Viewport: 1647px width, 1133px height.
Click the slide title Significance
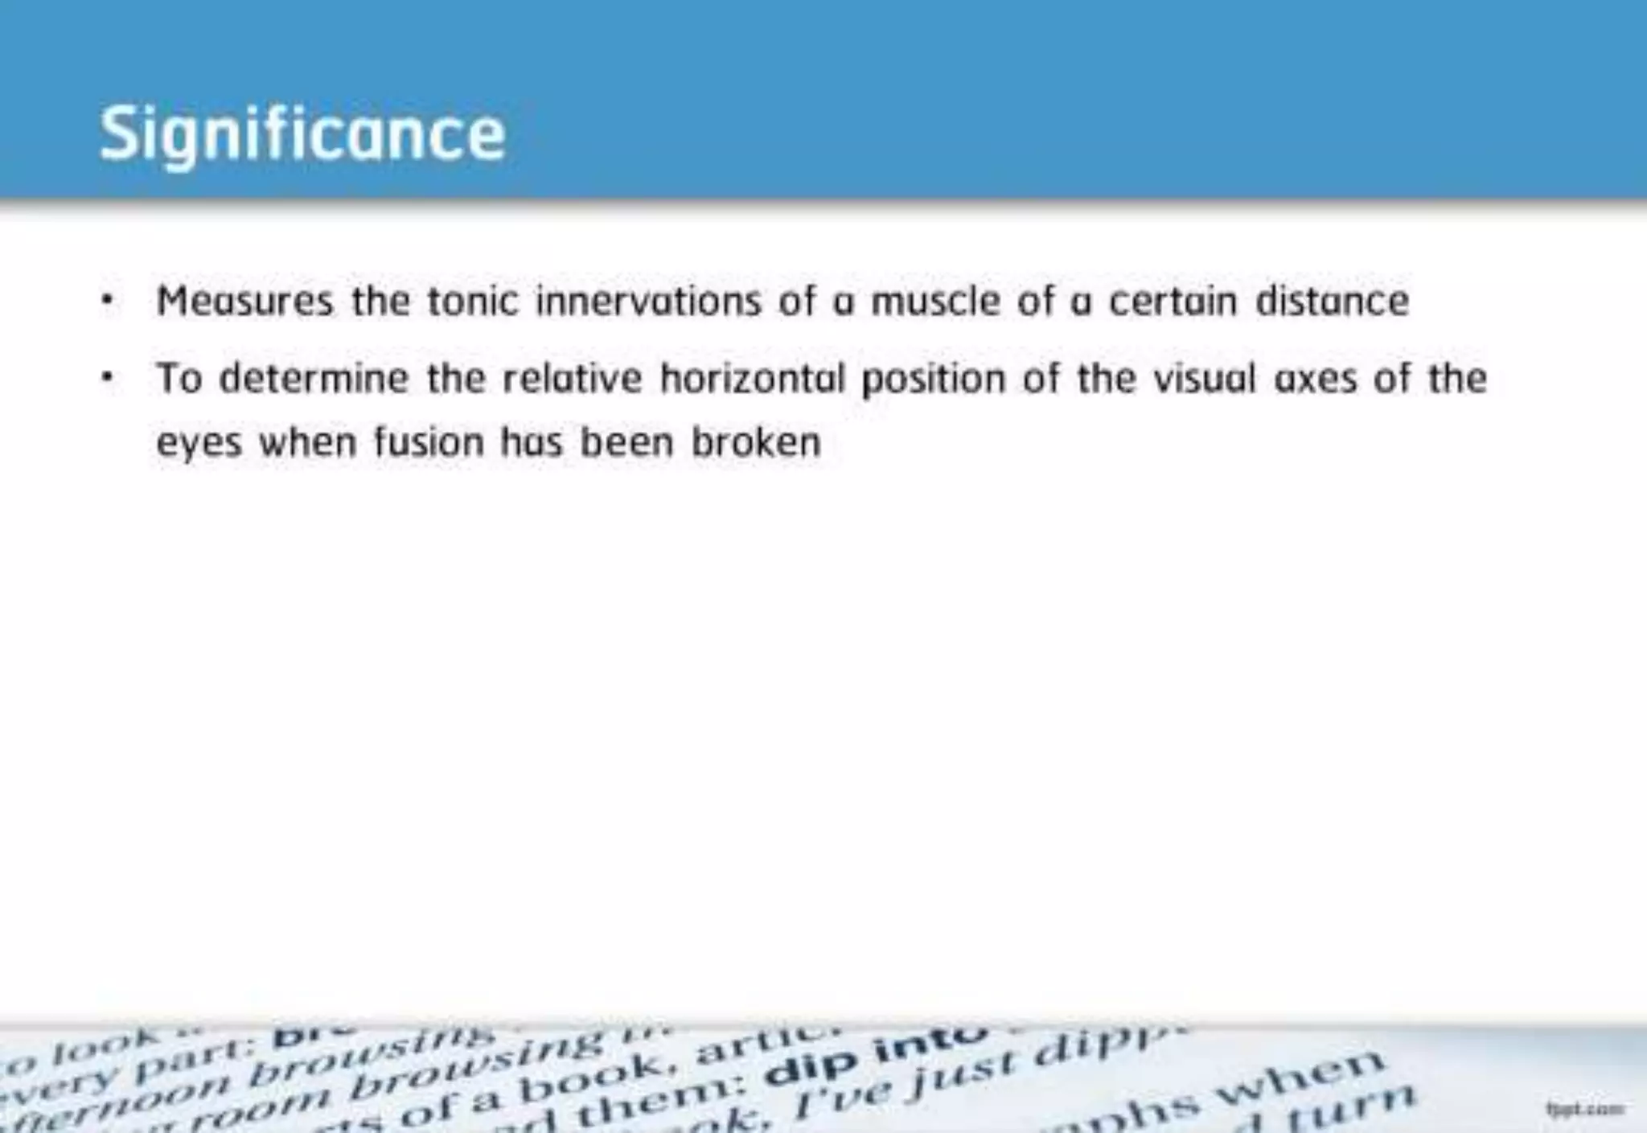click(x=302, y=134)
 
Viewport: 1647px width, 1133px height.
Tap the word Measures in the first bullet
click(x=244, y=302)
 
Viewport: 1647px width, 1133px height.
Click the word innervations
click(x=648, y=302)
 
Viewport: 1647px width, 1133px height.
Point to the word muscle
click(x=935, y=302)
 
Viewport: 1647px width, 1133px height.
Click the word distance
click(x=1332, y=302)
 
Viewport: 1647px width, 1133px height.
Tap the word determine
click(x=314, y=379)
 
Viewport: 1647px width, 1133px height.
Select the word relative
click(x=572, y=379)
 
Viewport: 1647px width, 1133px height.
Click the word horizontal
click(x=753, y=379)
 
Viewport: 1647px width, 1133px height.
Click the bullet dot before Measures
click(x=107, y=302)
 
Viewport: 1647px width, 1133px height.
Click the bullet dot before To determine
click(x=107, y=378)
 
